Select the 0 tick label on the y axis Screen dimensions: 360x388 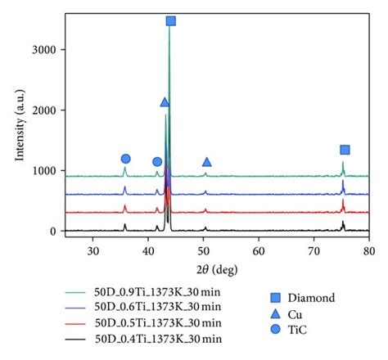pos(53,232)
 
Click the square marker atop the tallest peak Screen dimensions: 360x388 pos(170,21)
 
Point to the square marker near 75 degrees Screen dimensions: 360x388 pos(345,150)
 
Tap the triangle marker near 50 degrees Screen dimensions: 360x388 pos(206,162)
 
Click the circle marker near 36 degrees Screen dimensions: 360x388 pos(125,159)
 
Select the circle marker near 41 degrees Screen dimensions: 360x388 pos(157,162)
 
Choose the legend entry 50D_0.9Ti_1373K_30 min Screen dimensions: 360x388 pos(157,291)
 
